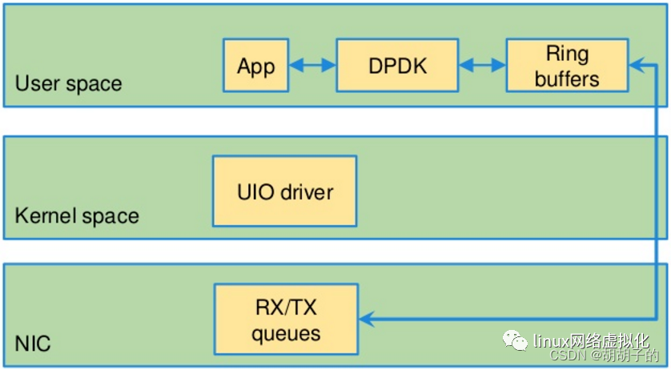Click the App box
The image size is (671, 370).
point(256,65)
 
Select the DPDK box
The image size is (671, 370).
point(397,65)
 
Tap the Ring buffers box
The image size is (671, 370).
point(567,65)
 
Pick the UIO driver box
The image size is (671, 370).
point(284,191)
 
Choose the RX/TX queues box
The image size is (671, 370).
point(286,319)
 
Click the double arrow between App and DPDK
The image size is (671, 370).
point(312,65)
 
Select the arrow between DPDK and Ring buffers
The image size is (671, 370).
point(482,65)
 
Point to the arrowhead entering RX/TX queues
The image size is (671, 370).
point(366,319)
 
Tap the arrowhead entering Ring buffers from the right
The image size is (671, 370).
point(637,65)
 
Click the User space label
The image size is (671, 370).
point(69,83)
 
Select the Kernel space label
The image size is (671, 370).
point(77,215)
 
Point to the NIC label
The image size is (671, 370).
point(33,344)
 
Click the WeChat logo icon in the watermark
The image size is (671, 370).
point(515,340)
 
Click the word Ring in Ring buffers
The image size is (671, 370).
point(568,54)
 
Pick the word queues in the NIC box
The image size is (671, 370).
point(286,333)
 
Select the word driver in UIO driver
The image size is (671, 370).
point(307,192)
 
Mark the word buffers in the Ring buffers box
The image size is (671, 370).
point(567,78)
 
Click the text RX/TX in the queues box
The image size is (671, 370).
point(286,307)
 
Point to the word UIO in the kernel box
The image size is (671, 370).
point(256,192)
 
